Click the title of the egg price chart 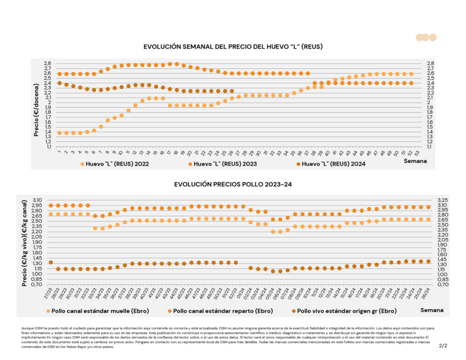point(233,46)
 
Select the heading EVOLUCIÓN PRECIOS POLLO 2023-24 point(233,184)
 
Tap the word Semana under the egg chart point(415,161)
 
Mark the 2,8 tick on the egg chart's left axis point(47,63)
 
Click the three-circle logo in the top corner point(422,38)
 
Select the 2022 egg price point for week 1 point(60,133)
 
